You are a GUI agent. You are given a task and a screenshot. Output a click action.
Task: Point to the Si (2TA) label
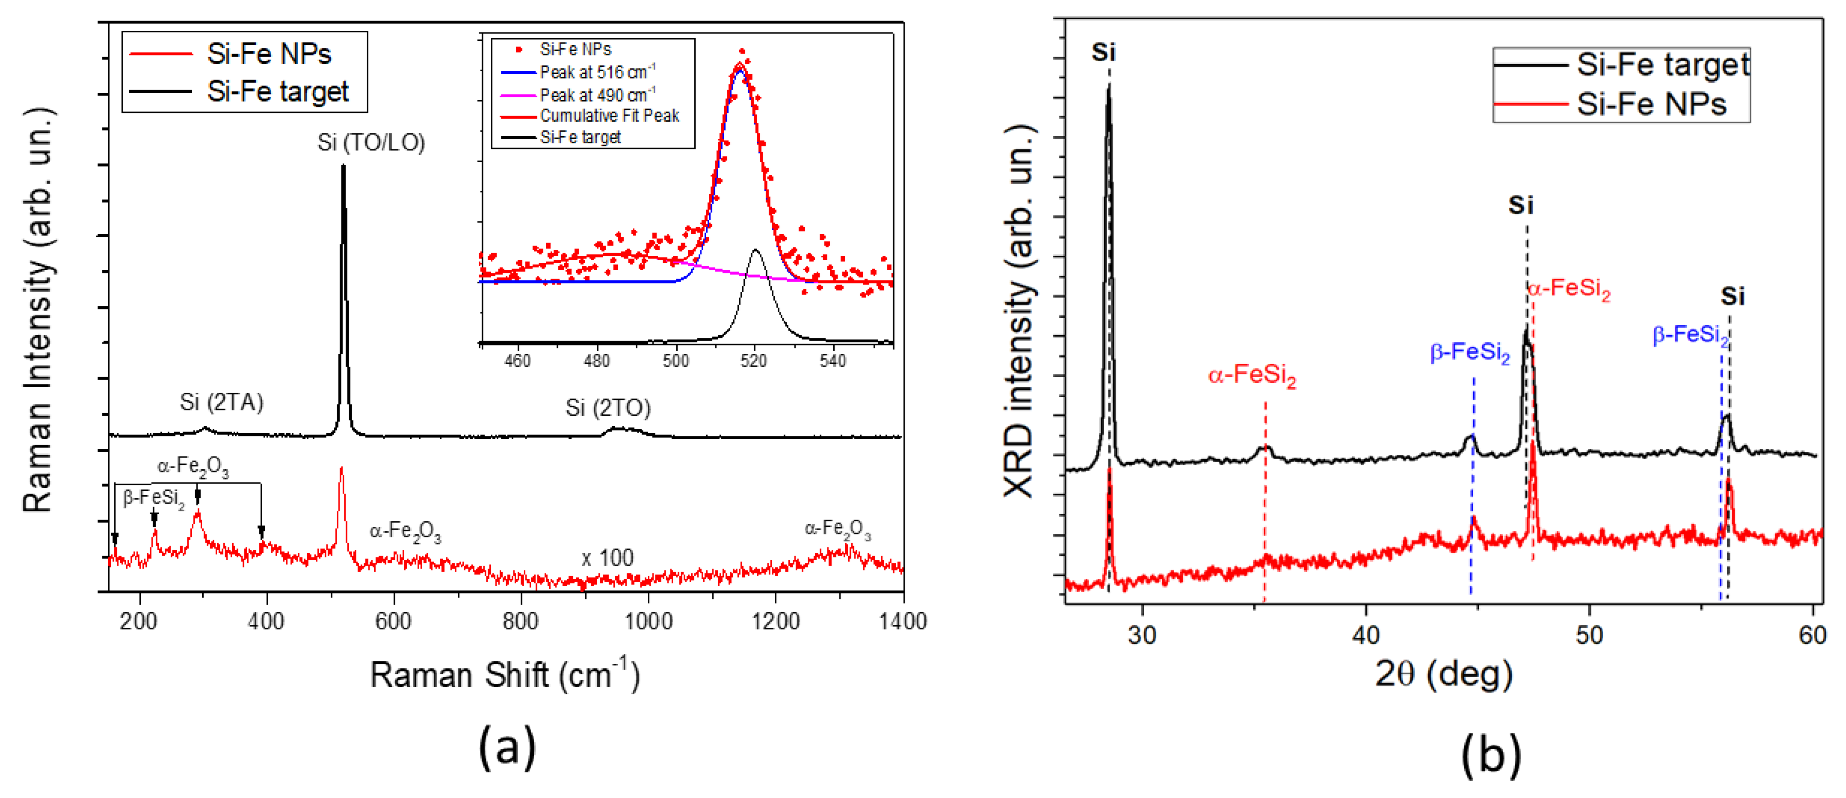click(222, 402)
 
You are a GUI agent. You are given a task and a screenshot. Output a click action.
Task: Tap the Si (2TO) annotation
click(608, 408)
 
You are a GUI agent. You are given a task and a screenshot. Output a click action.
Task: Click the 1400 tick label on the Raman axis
click(902, 621)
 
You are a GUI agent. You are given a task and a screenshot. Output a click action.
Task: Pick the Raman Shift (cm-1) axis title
click(504, 675)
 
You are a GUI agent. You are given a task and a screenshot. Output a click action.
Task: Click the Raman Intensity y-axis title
click(37, 309)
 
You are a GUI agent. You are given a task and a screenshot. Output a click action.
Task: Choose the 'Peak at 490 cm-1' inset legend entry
click(597, 94)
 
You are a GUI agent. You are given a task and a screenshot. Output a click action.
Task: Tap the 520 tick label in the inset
click(754, 360)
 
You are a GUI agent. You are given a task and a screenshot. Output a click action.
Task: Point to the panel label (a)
click(507, 747)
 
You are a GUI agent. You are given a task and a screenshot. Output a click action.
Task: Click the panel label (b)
click(1491, 754)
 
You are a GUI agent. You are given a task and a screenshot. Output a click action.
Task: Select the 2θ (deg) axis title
click(1443, 673)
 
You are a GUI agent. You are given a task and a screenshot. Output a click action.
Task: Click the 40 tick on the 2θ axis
click(1365, 635)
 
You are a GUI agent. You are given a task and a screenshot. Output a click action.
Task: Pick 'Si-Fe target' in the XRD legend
click(1663, 65)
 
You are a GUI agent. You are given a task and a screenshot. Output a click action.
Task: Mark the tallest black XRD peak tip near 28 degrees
click(1108, 87)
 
